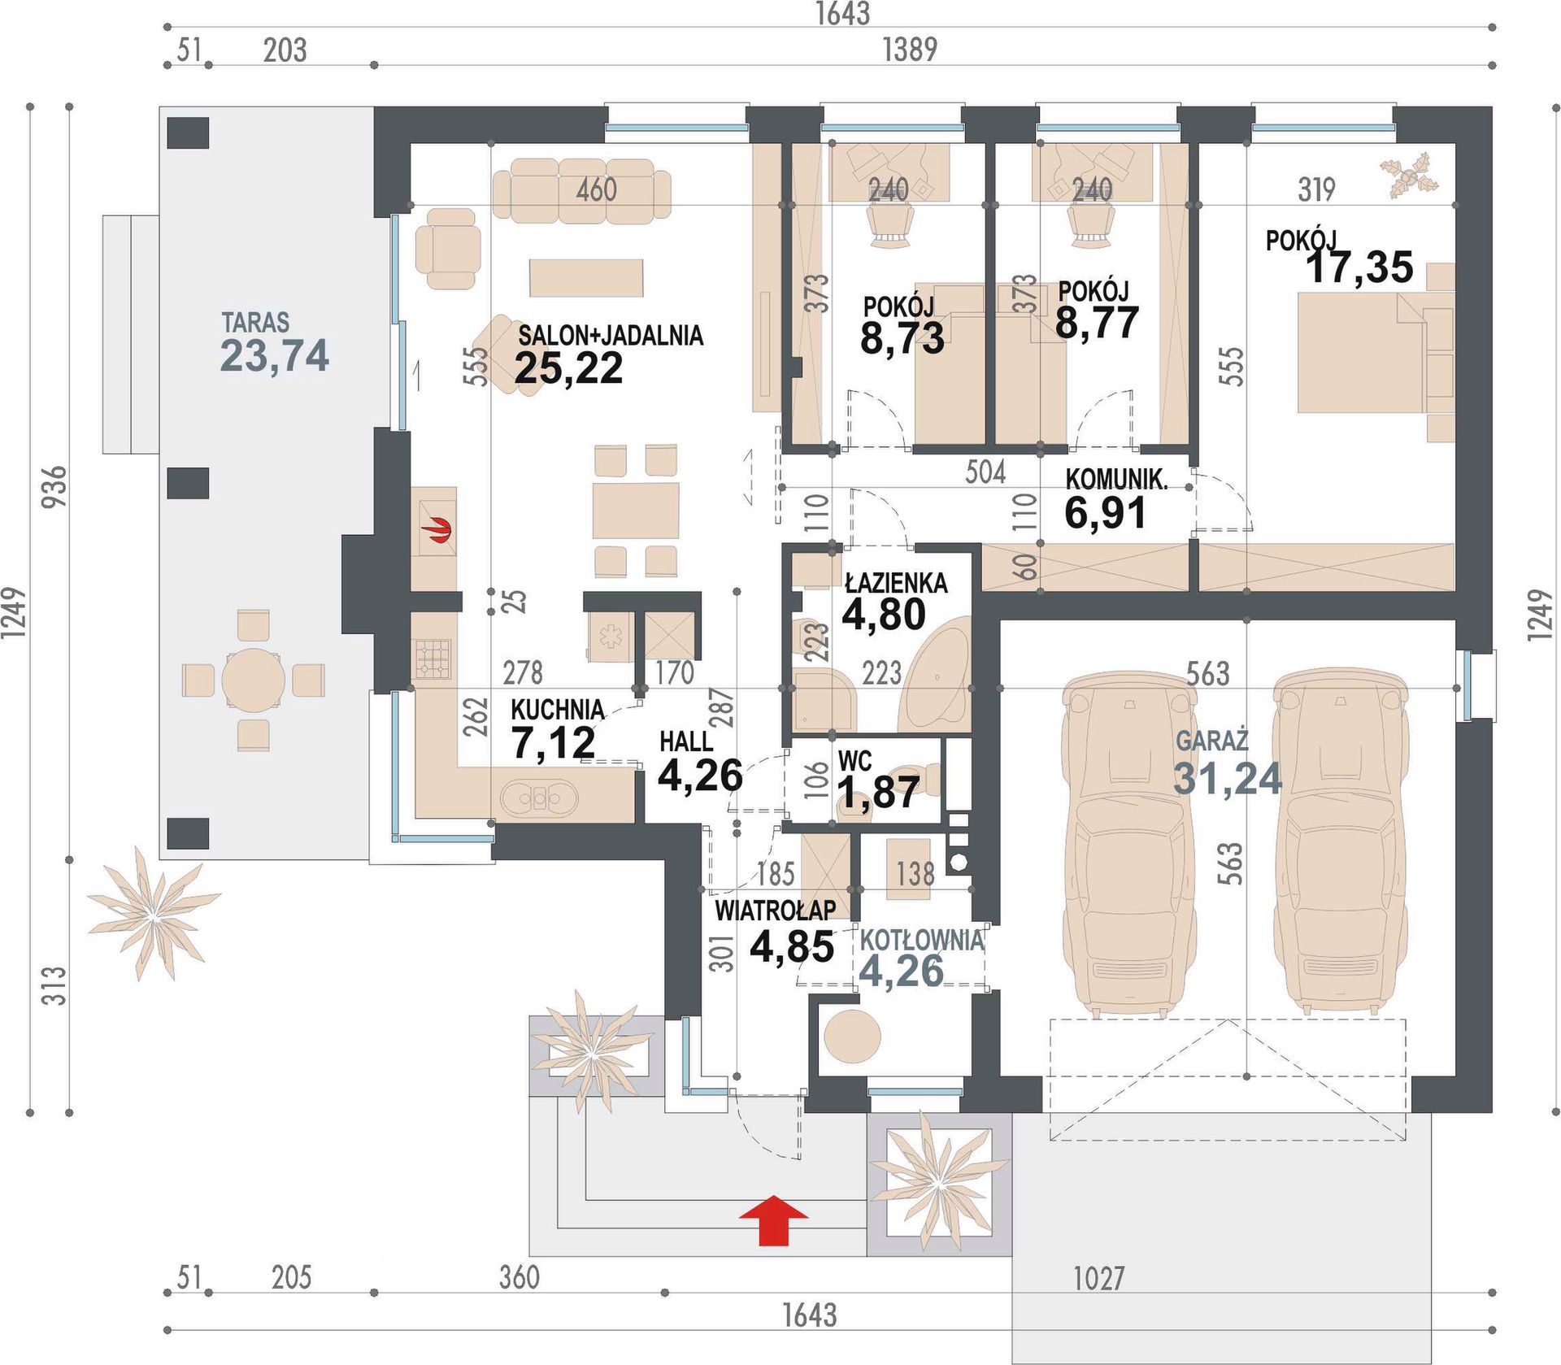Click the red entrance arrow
coord(773,1220)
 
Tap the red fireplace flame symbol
coord(438,532)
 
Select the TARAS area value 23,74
coord(275,355)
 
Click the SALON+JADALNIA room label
coord(611,335)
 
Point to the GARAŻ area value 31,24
coord(1228,778)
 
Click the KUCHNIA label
coord(557,709)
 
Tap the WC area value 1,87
coord(878,793)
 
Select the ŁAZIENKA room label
coord(896,583)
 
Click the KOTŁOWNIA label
coord(922,941)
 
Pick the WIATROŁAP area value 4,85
coord(792,946)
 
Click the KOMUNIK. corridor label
coord(1116,479)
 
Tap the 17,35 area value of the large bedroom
coord(1359,267)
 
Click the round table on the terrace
coord(254,680)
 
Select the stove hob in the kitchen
coord(433,659)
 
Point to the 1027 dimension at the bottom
coord(1099,1278)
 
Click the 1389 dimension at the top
coord(911,50)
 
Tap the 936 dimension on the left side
coord(54,486)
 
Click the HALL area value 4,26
coord(700,776)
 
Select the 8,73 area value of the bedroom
coord(902,338)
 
